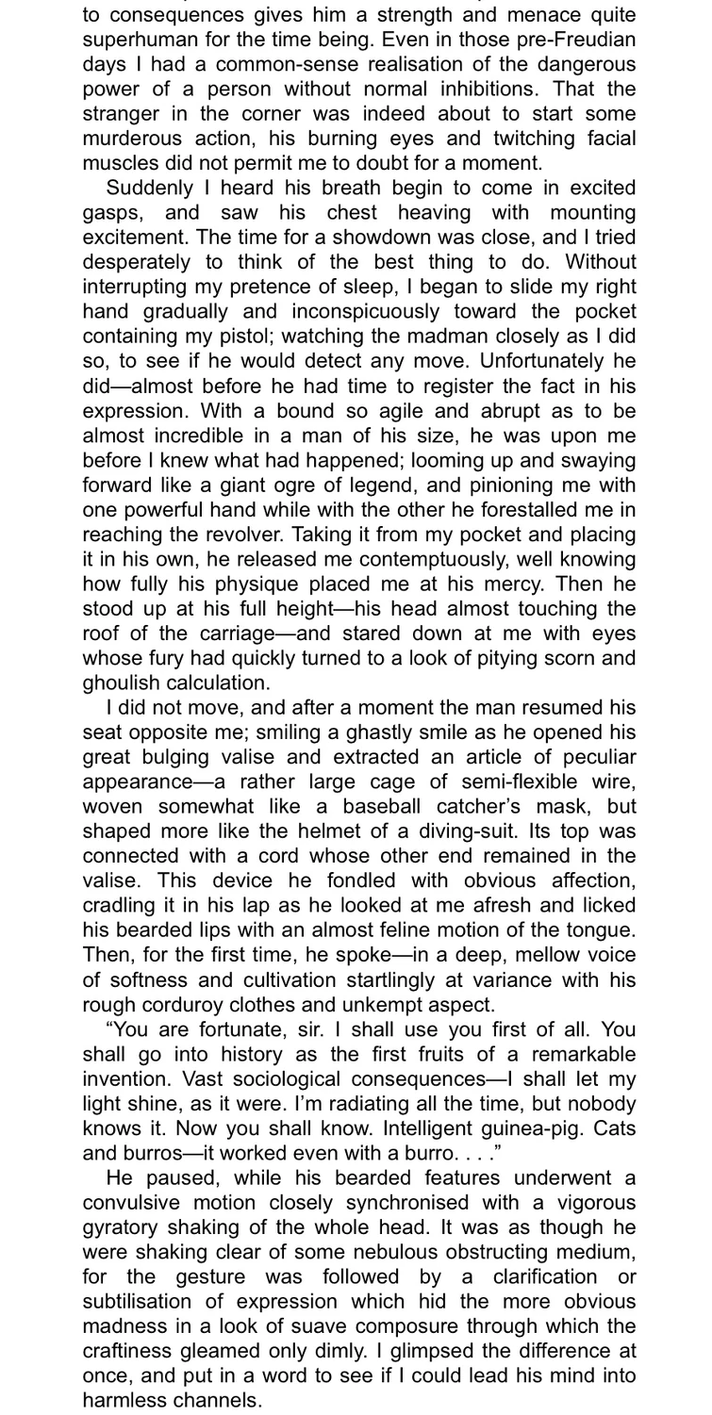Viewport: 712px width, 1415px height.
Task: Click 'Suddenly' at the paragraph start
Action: click(x=151, y=189)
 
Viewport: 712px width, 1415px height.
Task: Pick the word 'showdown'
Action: click(x=417, y=238)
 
